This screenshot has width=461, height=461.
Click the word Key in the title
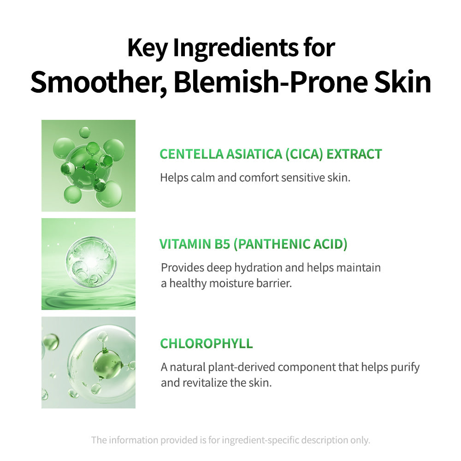(148, 48)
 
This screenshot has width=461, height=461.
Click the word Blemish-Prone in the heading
(271, 82)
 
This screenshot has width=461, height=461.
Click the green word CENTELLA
(191, 154)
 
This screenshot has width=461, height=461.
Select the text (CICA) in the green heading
(304, 154)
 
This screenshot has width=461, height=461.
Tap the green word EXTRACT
(354, 154)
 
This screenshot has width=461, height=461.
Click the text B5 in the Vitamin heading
(222, 244)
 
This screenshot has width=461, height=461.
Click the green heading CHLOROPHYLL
(207, 343)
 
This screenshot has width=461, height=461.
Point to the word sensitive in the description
(303, 177)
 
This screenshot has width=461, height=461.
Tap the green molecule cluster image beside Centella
(88, 166)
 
